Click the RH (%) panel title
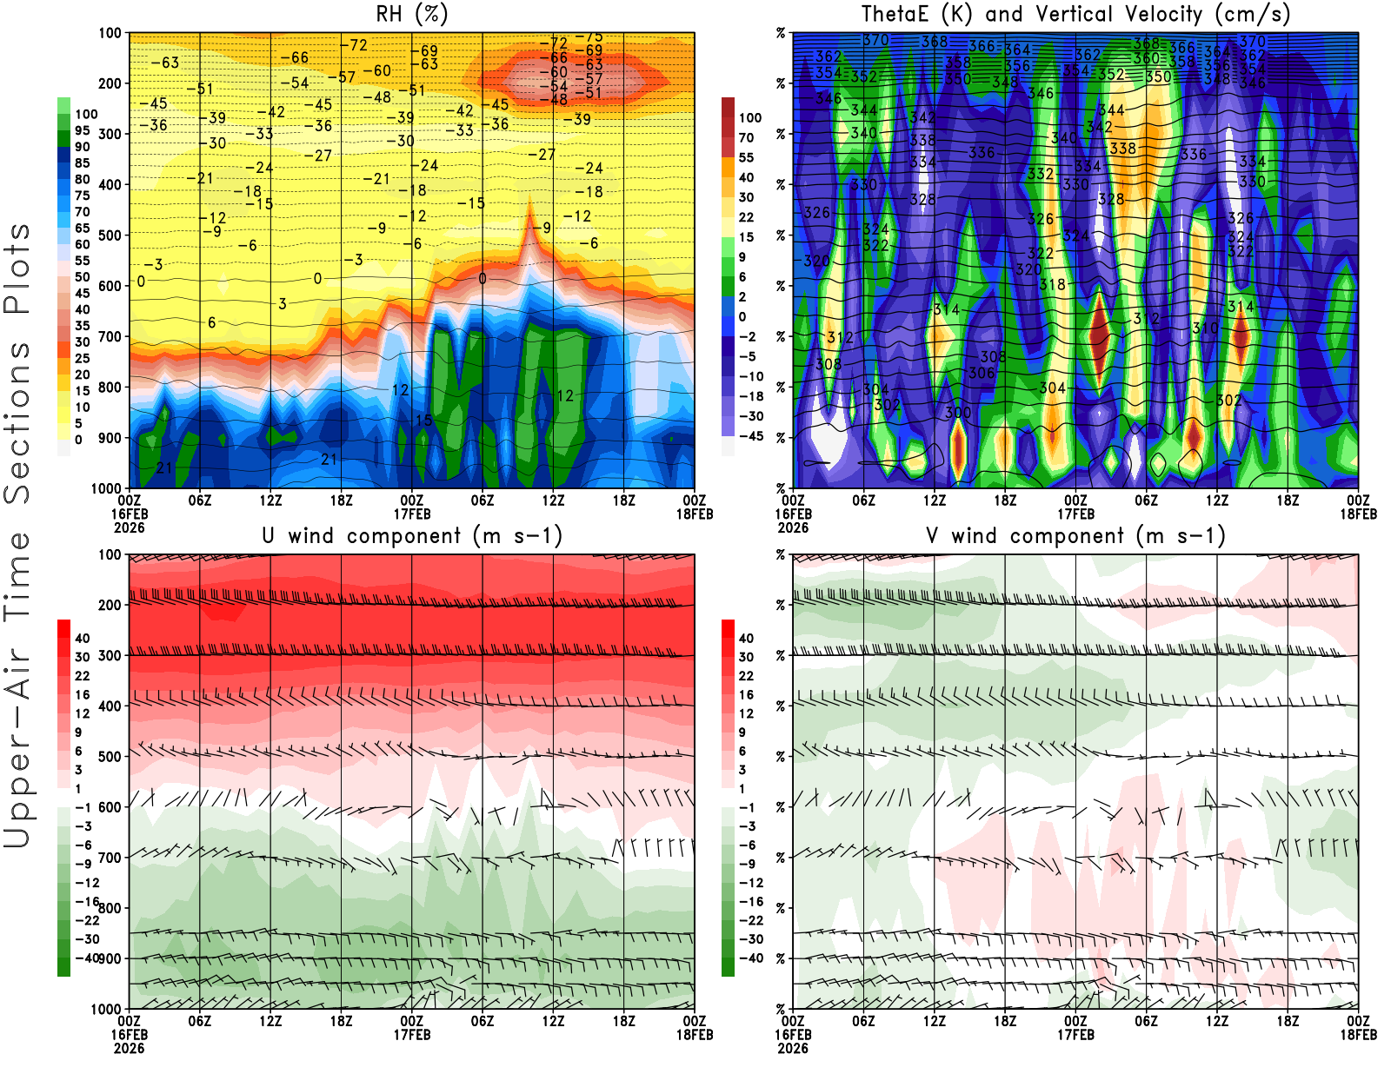(411, 14)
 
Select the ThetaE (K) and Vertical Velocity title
(1075, 14)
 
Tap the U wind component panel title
(411, 535)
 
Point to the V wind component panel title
(1075, 535)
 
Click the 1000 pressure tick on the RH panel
(106, 488)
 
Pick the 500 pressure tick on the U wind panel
(110, 757)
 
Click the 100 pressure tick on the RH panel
(110, 33)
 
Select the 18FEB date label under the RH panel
(695, 514)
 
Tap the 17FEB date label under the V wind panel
(1075, 1035)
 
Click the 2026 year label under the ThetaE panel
(793, 527)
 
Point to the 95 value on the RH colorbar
(82, 130)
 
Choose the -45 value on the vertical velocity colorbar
(750, 436)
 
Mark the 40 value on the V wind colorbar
(746, 638)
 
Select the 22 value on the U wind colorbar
(82, 676)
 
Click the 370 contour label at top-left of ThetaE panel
(875, 40)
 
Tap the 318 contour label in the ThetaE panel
(1052, 284)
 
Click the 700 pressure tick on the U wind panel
(110, 858)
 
